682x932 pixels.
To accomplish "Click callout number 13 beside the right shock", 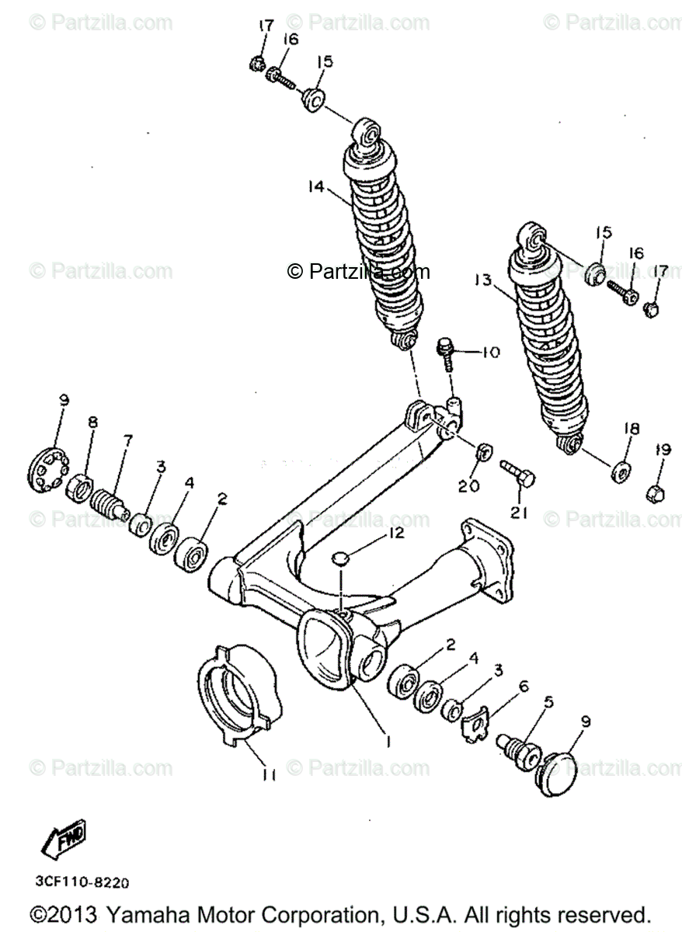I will click(482, 279).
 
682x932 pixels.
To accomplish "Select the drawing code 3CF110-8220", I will click(82, 882).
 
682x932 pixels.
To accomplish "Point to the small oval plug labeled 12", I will click(339, 558).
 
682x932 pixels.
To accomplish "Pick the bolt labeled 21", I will click(516, 473).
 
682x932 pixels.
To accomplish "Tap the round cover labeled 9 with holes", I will click(51, 468).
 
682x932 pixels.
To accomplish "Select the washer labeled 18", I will click(621, 470).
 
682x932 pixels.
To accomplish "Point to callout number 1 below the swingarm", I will click(389, 741).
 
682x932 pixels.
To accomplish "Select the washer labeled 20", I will click(482, 450).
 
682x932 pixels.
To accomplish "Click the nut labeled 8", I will click(79, 490).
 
